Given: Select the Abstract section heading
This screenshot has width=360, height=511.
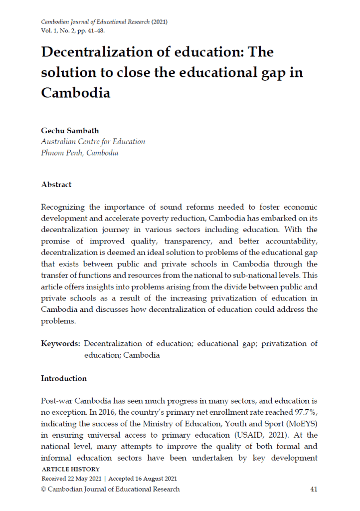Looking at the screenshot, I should pyautogui.click(x=56, y=185).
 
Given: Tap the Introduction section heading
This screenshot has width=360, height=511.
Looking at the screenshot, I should pyautogui.click(x=64, y=378).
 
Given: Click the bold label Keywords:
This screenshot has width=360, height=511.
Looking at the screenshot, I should pyautogui.click(x=61, y=344).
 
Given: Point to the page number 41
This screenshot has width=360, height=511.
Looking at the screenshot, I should pyautogui.click(x=314, y=489).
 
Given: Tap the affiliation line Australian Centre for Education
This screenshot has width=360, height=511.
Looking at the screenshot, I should pyautogui.click(x=93, y=142).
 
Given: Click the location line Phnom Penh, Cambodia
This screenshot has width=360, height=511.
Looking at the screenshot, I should pyautogui.click(x=80, y=153).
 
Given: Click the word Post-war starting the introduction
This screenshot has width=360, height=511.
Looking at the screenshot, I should pyautogui.click(x=57, y=401).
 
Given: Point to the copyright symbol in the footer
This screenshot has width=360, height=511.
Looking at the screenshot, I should pyautogui.click(x=44, y=490).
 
